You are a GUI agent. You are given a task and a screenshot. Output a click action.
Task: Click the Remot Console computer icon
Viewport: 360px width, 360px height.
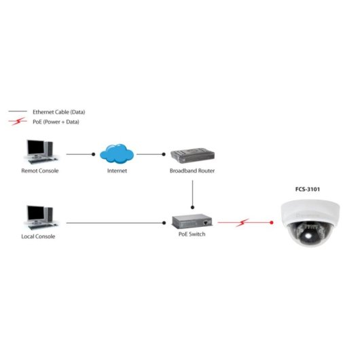click(39, 151)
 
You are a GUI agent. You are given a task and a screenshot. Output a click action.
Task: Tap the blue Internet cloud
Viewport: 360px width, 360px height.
click(116, 153)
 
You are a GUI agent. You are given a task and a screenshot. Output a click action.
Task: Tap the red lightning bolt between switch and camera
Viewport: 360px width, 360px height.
click(245, 221)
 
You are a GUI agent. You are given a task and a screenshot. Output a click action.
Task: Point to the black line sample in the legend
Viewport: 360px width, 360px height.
click(17, 111)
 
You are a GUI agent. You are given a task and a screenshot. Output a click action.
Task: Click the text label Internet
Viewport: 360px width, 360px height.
click(117, 170)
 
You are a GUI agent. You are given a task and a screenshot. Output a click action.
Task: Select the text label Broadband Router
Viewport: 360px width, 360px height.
click(192, 170)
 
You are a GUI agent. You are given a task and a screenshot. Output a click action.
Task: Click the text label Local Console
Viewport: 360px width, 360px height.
click(39, 236)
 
